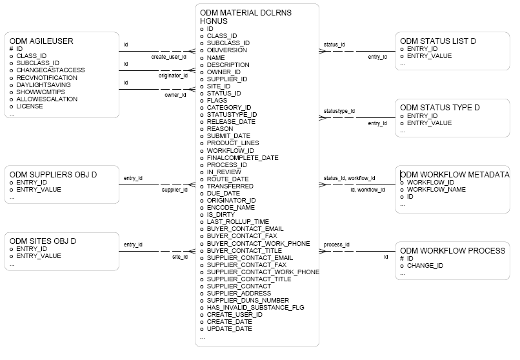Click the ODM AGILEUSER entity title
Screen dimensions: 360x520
tap(41, 41)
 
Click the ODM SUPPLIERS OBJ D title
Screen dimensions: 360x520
tap(53, 175)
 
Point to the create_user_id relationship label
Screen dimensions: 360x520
tap(169, 57)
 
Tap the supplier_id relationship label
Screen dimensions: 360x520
tap(174, 190)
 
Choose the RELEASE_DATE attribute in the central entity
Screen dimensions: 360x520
tap(231, 121)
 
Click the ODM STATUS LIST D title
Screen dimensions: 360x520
tap(438, 41)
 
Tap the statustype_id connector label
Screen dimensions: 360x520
tap(339, 111)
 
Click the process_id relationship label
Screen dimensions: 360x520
tap(337, 245)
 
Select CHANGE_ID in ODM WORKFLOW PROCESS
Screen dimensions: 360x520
tap(425, 265)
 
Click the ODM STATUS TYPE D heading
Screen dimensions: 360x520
tap(439, 107)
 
